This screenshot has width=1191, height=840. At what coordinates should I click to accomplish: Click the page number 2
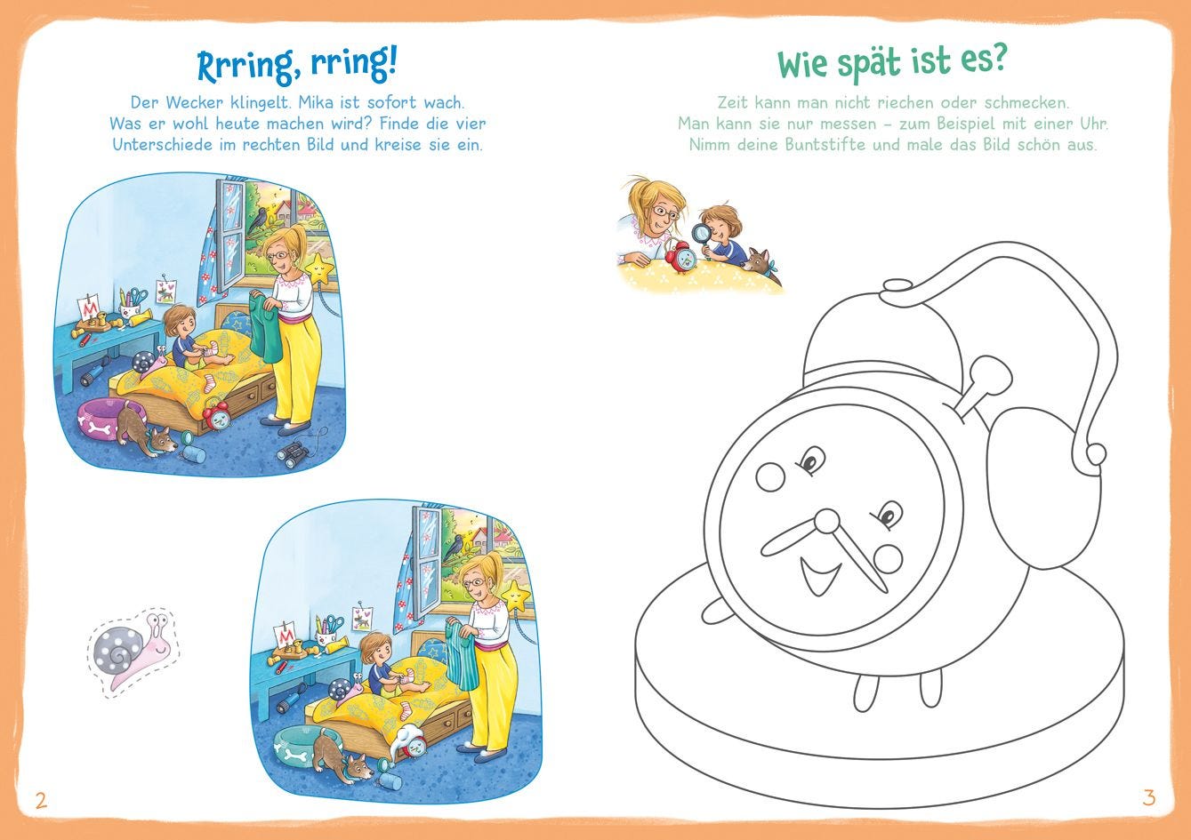click(41, 800)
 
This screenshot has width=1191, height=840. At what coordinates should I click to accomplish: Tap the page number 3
click(1149, 797)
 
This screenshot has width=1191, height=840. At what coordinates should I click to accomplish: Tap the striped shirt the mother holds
click(461, 656)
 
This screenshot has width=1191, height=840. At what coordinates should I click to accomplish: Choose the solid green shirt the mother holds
click(265, 328)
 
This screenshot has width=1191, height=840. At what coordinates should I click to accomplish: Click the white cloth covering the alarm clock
click(406, 736)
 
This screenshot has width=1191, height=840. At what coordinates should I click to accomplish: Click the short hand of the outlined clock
click(789, 538)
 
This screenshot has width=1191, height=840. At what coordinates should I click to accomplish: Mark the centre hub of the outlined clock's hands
click(827, 521)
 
